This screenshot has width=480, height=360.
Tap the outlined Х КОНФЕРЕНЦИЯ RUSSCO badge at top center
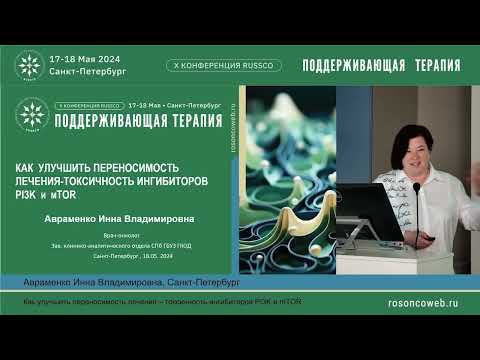pos(224,65)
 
